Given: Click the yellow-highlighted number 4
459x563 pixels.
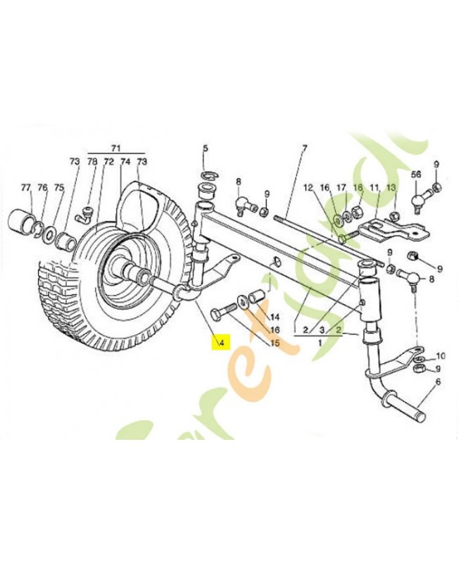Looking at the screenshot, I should point(220,343).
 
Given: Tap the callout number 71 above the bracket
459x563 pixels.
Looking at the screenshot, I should point(116,148).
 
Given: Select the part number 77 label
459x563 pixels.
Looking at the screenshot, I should point(26,187).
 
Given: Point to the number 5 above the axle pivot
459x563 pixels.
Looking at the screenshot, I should point(206,148).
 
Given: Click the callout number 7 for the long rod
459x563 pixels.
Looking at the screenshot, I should point(305,148).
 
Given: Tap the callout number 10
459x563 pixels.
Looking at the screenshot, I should point(440,355).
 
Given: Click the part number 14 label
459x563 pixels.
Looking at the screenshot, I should point(275,317).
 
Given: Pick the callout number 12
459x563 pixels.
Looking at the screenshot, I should point(308,188).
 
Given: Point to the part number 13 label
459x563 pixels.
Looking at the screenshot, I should point(391,188).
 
